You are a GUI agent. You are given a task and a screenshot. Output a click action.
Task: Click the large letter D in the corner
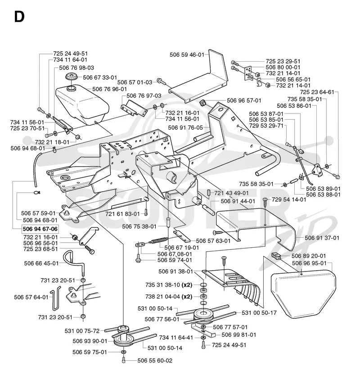pyautogui.click(x=19, y=17)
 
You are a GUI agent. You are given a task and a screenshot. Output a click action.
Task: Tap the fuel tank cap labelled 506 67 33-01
pyautogui.click(x=70, y=77)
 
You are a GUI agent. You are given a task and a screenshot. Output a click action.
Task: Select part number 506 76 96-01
pyautogui.click(x=109, y=89)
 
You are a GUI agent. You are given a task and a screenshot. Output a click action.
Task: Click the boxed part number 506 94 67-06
pyautogui.click(x=40, y=229)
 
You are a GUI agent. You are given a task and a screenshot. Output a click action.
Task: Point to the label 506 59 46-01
pyautogui.click(x=187, y=54)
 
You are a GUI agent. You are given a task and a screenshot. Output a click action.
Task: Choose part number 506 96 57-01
pyautogui.click(x=244, y=100)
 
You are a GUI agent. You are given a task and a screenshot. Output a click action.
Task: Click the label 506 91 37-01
pyautogui.click(x=322, y=238)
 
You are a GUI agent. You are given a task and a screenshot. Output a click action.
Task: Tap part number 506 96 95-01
pyautogui.click(x=309, y=263)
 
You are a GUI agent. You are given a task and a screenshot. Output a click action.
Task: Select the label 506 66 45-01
pyautogui.click(x=41, y=263)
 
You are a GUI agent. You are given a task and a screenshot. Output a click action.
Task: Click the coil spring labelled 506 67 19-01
pyautogui.click(x=159, y=240)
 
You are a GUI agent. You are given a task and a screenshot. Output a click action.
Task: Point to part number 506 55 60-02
pyautogui.click(x=155, y=361)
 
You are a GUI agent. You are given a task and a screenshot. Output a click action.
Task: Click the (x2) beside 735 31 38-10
pyautogui.click(x=187, y=285)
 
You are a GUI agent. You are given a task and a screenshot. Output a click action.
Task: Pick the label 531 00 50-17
pyautogui.click(x=259, y=313)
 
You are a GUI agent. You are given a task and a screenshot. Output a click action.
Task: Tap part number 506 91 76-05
pyautogui.click(x=185, y=128)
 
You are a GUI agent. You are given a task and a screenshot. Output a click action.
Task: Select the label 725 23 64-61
pyautogui.click(x=317, y=92)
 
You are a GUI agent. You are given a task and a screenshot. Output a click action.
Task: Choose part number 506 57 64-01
pyautogui.click(x=31, y=297)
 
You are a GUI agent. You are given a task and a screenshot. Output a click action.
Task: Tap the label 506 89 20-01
pyautogui.click(x=309, y=256)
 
